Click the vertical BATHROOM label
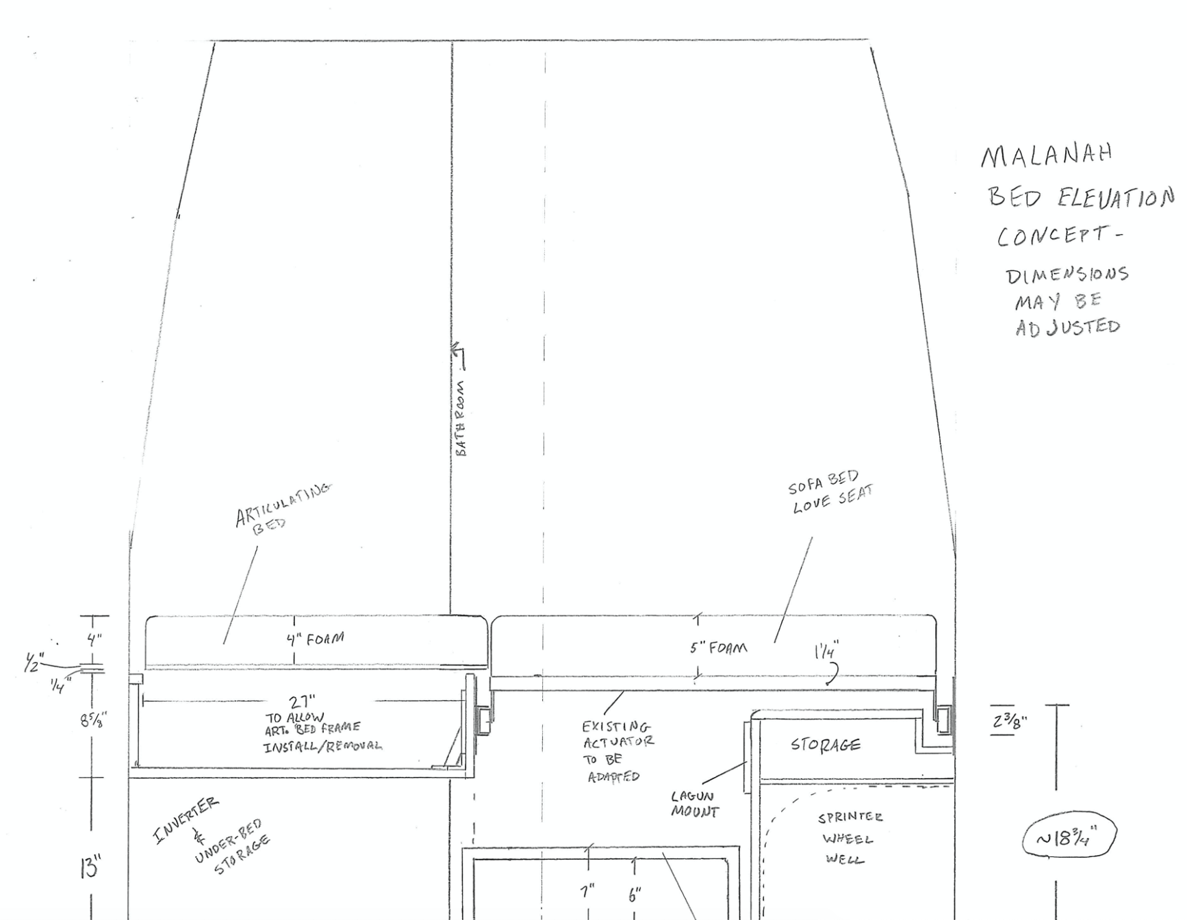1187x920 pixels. pyautogui.click(x=462, y=418)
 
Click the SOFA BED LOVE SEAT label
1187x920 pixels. pyautogui.click(x=830, y=491)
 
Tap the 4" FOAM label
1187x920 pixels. pyautogui.click(x=316, y=639)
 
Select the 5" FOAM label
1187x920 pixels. pyautogui.click(x=718, y=647)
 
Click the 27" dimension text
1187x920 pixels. pyautogui.click(x=302, y=702)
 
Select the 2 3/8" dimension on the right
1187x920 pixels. pyautogui.click(x=1008, y=721)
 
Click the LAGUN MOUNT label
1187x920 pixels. pyautogui.click(x=694, y=805)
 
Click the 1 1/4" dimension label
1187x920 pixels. pyautogui.click(x=826, y=650)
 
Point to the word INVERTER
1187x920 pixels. pyautogui.click(x=187, y=819)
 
